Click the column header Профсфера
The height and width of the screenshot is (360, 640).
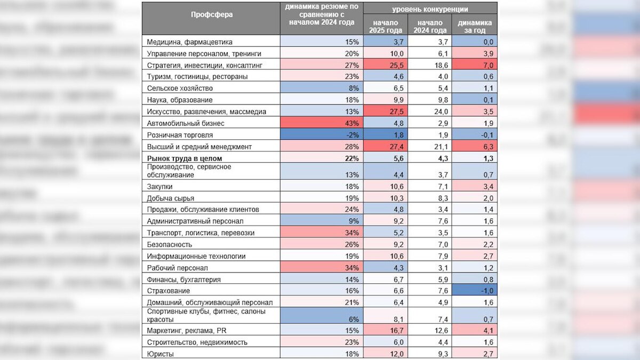(211, 14)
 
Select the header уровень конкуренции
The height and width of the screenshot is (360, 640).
(430, 9)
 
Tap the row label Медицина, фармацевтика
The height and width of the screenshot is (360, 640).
(189, 42)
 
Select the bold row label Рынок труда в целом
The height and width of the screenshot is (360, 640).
(184, 158)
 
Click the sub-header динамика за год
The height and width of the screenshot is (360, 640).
(475, 27)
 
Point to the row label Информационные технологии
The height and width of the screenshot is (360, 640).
(196, 256)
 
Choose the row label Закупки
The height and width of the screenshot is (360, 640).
(159, 186)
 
